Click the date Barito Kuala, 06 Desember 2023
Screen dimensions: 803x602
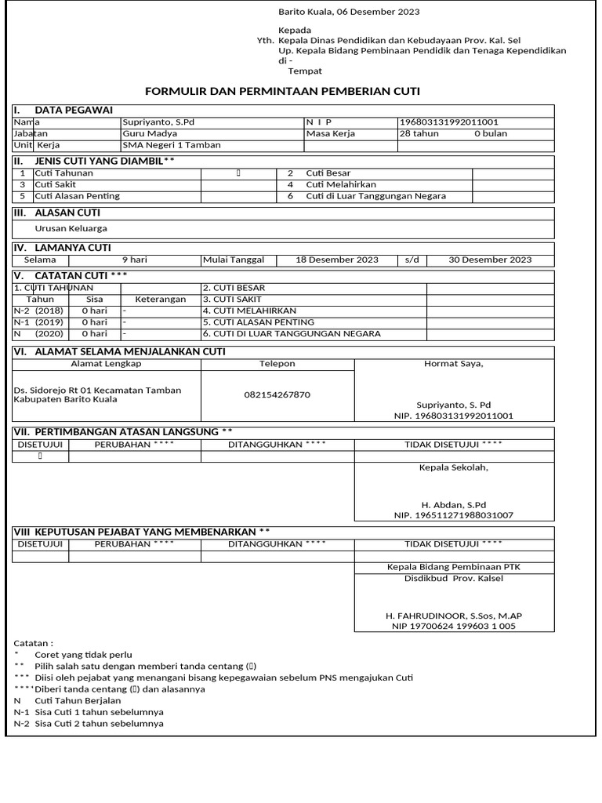(x=349, y=12)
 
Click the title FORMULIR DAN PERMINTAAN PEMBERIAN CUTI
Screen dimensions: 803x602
(x=283, y=92)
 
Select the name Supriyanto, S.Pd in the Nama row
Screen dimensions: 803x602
(x=158, y=122)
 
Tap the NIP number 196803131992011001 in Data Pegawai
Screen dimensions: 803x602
(x=449, y=122)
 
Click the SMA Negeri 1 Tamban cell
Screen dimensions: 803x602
(x=171, y=145)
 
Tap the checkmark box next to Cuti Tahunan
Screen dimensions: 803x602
(x=238, y=173)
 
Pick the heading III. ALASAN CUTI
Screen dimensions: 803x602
(x=56, y=213)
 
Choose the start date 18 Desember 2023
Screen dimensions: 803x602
(x=337, y=260)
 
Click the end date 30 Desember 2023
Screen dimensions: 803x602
(x=490, y=260)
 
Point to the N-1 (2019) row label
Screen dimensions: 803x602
(x=38, y=322)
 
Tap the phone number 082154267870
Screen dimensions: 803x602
(x=277, y=394)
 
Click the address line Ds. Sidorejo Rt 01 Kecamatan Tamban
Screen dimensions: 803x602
(x=98, y=390)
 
